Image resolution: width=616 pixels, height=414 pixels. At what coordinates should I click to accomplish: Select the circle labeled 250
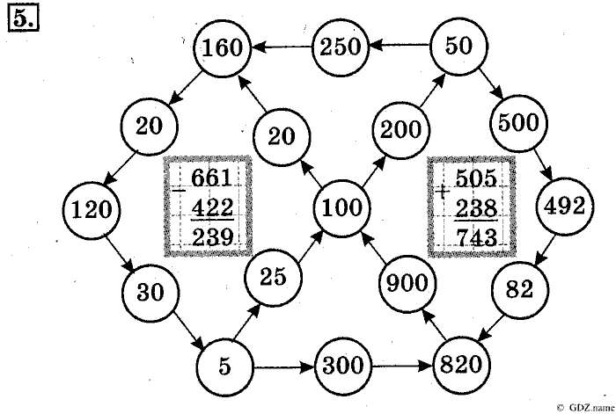click(x=341, y=47)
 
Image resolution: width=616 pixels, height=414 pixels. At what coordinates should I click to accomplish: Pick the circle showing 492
click(x=564, y=207)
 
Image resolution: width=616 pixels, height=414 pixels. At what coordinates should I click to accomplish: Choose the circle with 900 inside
click(x=407, y=283)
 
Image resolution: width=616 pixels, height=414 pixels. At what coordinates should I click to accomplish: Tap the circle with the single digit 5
click(x=224, y=365)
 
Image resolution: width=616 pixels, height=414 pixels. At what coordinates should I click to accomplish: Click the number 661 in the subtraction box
click(x=211, y=179)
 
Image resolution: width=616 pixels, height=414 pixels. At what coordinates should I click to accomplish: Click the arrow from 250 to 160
click(x=282, y=46)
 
